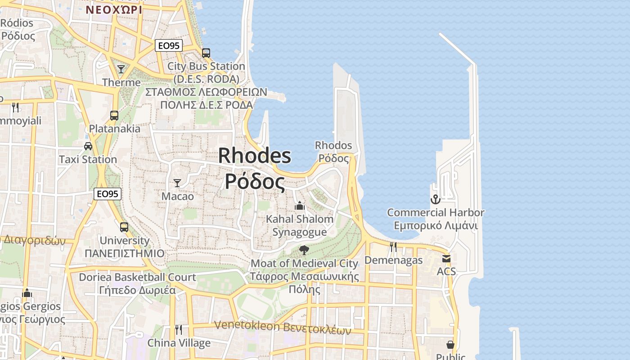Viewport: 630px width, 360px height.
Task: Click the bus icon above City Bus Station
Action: click(206, 53)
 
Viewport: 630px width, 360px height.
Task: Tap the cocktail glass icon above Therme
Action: click(121, 69)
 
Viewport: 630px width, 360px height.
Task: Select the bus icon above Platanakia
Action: click(114, 116)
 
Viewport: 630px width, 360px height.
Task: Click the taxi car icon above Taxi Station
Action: click(88, 146)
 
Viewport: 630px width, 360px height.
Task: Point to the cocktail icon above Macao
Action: click(177, 183)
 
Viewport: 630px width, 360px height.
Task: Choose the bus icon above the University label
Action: click(124, 227)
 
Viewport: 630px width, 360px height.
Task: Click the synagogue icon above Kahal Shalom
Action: click(300, 206)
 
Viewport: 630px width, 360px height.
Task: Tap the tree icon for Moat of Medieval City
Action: click(304, 250)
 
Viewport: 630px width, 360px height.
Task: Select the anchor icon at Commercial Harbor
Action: click(435, 199)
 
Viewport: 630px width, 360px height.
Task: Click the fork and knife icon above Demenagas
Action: click(393, 247)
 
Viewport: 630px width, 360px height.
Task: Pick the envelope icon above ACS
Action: click(446, 259)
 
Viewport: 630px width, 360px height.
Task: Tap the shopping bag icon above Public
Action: click(450, 345)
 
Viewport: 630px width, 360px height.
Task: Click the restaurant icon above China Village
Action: click(179, 330)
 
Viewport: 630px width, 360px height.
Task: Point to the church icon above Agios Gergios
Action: click(27, 293)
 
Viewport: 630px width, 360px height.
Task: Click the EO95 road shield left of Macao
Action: click(108, 194)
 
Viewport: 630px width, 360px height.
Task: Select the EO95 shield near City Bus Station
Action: click(169, 45)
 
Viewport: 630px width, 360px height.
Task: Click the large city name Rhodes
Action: click(255, 156)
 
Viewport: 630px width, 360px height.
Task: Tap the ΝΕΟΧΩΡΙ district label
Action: click(113, 9)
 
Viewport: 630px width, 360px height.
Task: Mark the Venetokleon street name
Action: click(247, 325)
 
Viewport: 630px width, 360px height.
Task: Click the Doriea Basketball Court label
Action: click(137, 277)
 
